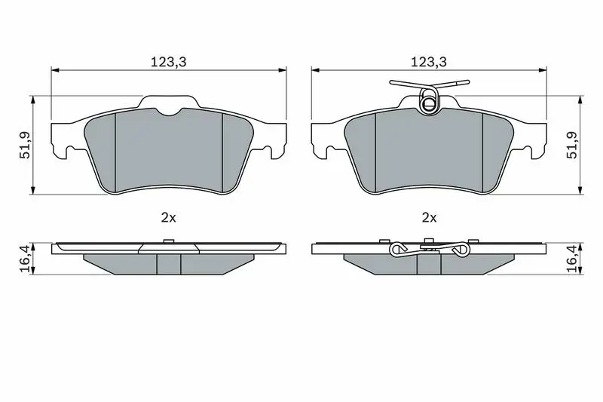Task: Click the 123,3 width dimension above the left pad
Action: coord(168,62)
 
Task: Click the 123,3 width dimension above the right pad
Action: coord(429,62)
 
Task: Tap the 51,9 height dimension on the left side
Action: coord(26,145)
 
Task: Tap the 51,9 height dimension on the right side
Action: coord(572,145)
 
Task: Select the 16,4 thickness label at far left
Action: coord(25,259)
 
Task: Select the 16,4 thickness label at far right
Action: coord(574,259)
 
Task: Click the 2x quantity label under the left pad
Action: coord(168,218)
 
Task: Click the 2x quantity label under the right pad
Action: coord(429,218)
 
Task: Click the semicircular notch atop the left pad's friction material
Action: coord(169,112)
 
